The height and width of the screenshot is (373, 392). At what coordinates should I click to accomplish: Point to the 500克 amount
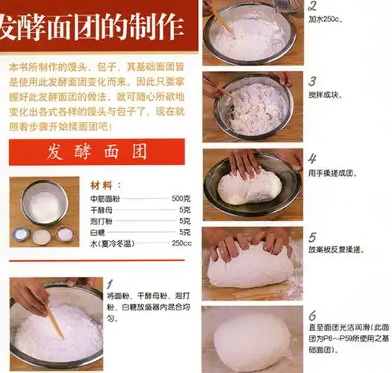[x=181, y=199]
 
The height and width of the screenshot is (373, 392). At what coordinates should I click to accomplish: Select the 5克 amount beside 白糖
[x=184, y=232]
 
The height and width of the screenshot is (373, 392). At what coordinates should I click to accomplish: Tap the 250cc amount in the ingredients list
[x=181, y=243]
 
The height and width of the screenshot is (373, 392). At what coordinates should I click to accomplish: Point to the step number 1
[x=110, y=284]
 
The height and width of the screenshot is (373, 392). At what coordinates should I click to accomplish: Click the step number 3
[x=312, y=81]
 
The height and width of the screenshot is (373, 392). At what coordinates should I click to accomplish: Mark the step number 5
[x=312, y=237]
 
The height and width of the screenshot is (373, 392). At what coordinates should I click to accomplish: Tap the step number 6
[x=312, y=314]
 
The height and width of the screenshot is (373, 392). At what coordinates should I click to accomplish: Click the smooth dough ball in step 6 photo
[x=252, y=342]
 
